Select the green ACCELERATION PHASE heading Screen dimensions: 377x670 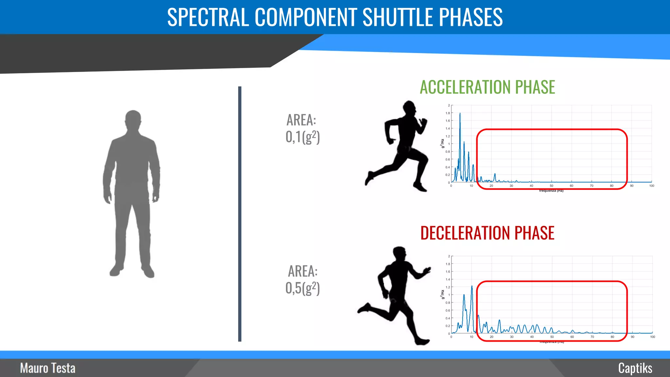(487, 87)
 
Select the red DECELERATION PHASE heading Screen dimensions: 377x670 (487, 233)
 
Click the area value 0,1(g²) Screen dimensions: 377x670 (302, 137)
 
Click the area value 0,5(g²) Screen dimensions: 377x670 (302, 288)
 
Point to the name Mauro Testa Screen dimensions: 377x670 (48, 368)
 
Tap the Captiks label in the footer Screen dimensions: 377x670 (635, 368)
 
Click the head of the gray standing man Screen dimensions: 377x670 (133, 118)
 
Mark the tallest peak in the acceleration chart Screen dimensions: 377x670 (460, 114)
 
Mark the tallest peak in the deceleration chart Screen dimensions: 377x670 (472, 287)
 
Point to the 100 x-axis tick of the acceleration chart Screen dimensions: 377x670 (652, 186)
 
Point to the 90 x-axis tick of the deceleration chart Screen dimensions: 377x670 (632, 337)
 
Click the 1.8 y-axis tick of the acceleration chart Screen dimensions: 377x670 (448, 113)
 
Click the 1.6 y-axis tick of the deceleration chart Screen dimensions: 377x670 (448, 272)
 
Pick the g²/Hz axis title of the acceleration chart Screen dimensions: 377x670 (443, 144)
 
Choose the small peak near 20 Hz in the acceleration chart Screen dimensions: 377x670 (495, 174)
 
